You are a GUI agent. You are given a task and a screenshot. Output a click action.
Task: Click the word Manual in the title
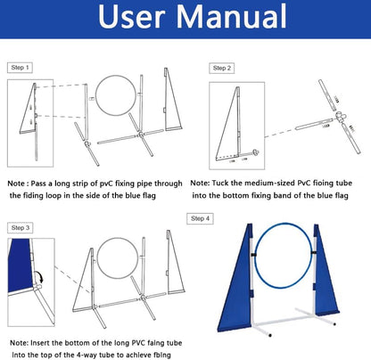(x=232, y=16)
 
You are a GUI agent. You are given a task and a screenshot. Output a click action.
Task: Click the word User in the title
(x=131, y=17)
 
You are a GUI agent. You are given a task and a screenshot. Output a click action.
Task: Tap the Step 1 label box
(x=20, y=68)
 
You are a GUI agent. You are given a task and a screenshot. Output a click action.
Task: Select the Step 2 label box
(x=222, y=69)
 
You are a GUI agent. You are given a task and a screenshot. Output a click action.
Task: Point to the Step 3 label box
(x=21, y=228)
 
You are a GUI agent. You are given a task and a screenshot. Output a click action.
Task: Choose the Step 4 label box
(x=200, y=219)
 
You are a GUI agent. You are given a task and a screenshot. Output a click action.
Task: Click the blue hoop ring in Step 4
(x=255, y=255)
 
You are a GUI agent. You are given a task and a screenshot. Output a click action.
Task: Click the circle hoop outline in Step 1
(x=95, y=95)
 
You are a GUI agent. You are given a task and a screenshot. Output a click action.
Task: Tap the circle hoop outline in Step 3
(x=97, y=258)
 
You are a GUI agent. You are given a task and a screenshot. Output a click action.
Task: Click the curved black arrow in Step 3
(x=39, y=276)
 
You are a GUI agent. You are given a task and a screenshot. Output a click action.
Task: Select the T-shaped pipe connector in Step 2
(x=341, y=117)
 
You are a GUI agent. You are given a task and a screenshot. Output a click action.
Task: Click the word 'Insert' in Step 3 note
(x=40, y=343)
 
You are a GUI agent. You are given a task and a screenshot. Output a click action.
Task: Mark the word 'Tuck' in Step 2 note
(x=219, y=183)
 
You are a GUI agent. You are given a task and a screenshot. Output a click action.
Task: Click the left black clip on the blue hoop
(x=253, y=256)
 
